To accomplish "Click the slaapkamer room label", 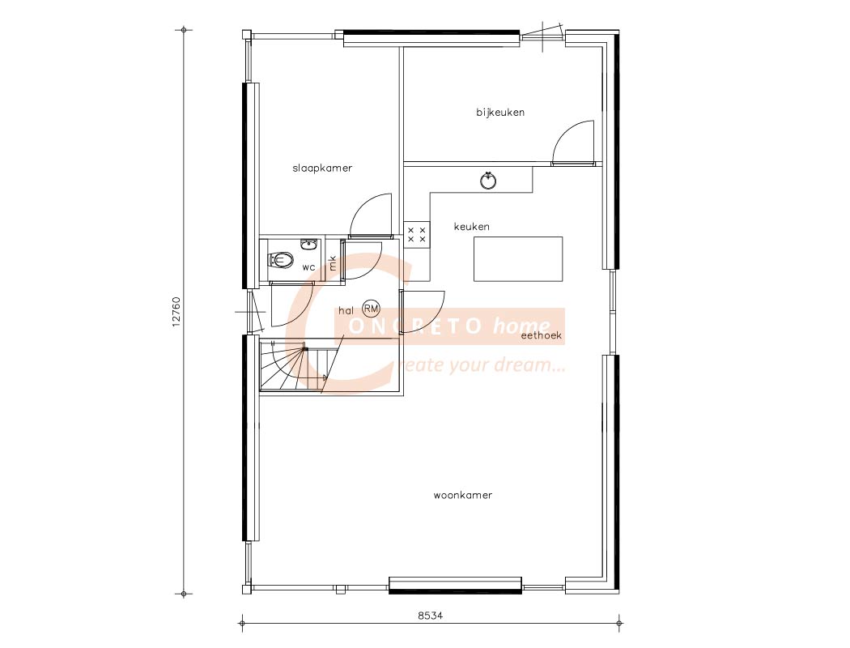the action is pos(322,168).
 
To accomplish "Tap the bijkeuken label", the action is pos(500,113).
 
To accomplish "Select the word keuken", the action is pos(472,227).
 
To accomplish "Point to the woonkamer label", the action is pos(463,495).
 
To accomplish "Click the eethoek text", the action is pos(542,335).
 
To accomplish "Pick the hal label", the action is pos(346,311).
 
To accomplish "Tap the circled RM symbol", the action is pos(372,309).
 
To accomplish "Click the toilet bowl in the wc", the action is pos(281,260).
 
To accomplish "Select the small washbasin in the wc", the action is pos(309,244).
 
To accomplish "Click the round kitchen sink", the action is pos(489,181).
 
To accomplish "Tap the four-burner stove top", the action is pos(417,235).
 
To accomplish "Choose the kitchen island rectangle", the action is pos(518,259).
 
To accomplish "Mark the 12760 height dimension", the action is pos(176,311).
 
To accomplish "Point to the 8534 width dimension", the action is pos(431,616).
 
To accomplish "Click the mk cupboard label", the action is pos(333,263).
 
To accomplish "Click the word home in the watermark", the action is pos(521,326).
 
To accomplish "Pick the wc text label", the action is pos(309,267).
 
